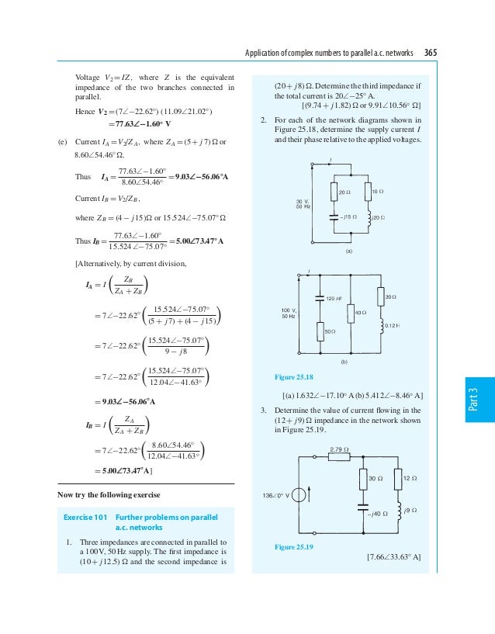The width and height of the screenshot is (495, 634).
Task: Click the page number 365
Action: pyautogui.click(x=430, y=53)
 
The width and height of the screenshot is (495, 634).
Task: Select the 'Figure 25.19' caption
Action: pyautogui.click(x=294, y=548)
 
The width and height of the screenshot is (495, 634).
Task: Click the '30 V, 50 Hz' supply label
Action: pyautogui.click(x=303, y=203)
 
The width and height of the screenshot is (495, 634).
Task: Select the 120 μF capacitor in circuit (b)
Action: pyautogui.click(x=320, y=297)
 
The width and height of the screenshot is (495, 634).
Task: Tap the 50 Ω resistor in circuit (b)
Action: pyautogui.click(x=320, y=331)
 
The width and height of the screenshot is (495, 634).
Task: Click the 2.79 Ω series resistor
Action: pyautogui.click(x=338, y=457)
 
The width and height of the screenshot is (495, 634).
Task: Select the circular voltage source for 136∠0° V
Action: pyautogui.click(x=299, y=494)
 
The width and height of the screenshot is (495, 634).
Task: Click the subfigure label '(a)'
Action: pyautogui.click(x=348, y=251)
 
